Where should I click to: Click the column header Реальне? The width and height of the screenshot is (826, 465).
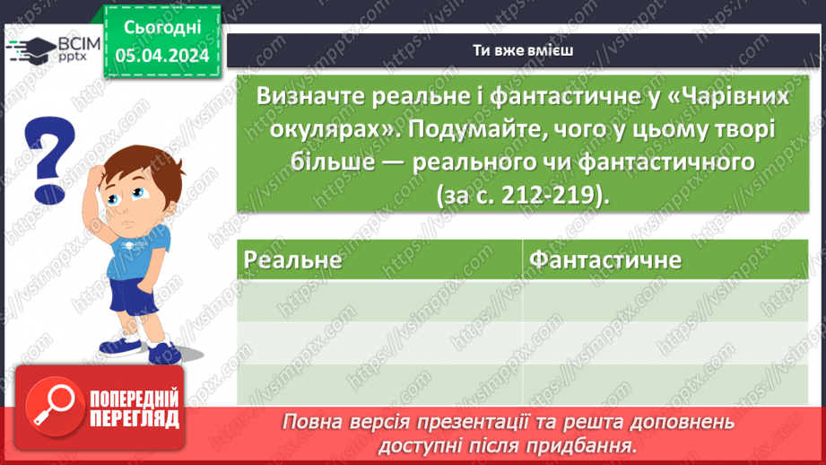pos(294,260)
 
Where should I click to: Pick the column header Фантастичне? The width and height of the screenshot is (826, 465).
pos(605,260)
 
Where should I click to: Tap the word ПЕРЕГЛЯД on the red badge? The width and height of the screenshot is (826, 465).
pos(135,417)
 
